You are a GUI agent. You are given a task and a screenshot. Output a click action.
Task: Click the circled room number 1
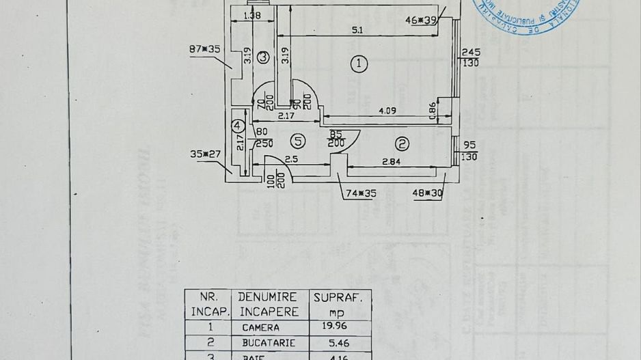tap(359, 64)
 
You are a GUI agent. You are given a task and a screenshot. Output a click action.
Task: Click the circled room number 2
tap(402, 143)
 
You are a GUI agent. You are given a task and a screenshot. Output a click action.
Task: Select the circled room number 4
tap(237, 126)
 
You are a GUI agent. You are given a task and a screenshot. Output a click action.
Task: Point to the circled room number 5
tap(297, 141)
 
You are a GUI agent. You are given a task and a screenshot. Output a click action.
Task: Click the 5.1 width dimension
tap(357, 29)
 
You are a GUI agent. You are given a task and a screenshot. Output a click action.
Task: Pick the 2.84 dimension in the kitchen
tap(392, 161)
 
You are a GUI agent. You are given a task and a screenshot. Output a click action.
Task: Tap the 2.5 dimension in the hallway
tap(292, 160)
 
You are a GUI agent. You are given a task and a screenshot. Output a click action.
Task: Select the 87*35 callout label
tap(204, 49)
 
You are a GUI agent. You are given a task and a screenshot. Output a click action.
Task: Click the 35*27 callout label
tap(205, 154)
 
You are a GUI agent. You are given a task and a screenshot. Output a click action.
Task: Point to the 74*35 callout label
tap(361, 193)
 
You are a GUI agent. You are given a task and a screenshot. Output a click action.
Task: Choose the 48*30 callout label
tap(428, 193)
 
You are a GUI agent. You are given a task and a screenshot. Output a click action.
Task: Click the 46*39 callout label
tap(421, 20)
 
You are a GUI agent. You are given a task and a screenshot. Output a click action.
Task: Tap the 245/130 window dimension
tap(470, 57)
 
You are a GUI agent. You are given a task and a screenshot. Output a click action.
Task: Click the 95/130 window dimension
tap(470, 151)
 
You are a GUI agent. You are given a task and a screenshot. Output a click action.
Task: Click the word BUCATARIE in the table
tap(269, 342)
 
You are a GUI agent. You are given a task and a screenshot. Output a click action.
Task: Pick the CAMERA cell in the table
tap(260, 327)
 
